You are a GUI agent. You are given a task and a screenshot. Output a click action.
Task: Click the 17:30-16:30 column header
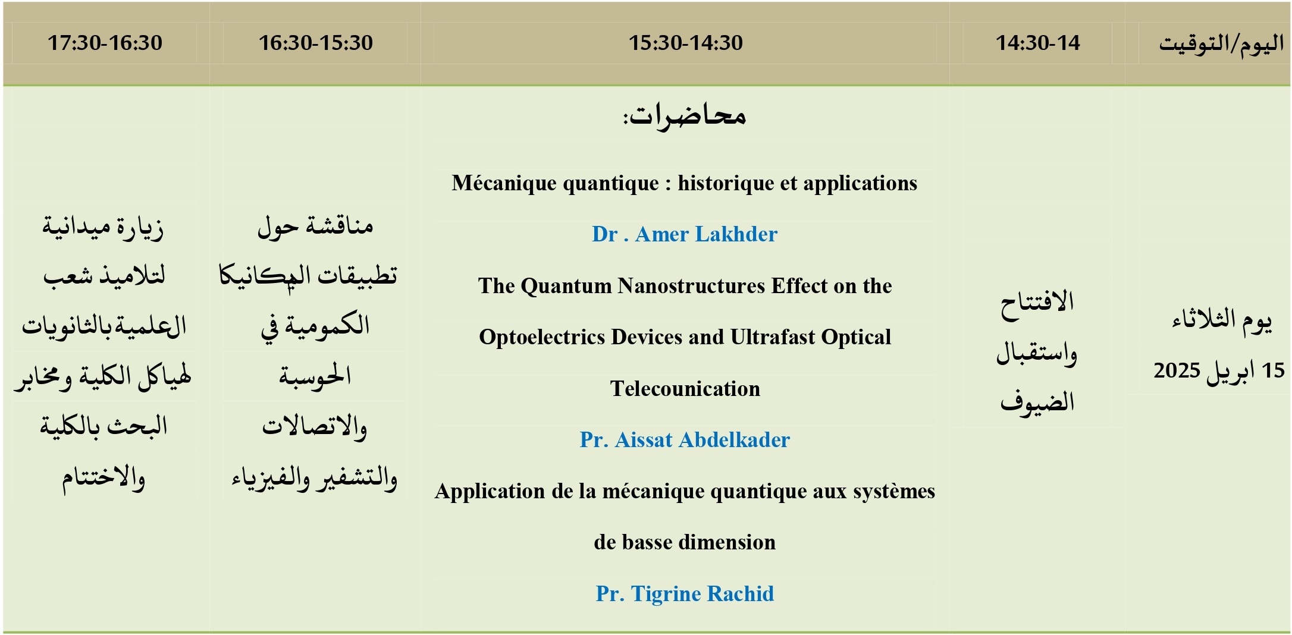105,43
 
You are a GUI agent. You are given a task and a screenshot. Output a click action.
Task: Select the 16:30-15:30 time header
315,43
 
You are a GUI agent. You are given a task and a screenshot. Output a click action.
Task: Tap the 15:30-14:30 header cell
685,43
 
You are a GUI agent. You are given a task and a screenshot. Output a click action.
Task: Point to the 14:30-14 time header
1037,43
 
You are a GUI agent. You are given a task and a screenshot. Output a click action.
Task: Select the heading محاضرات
685,115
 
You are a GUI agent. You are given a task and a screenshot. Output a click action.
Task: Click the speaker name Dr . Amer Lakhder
685,234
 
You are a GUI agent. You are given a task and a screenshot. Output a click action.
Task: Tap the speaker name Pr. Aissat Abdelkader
685,440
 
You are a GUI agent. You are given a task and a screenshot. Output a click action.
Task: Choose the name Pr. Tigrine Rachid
685,594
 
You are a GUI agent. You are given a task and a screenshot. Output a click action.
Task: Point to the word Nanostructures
691,286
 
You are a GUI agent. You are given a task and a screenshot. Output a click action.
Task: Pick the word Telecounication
685,389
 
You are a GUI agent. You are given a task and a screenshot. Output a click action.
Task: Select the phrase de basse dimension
685,542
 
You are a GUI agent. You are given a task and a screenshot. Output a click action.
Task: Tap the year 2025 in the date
1168,371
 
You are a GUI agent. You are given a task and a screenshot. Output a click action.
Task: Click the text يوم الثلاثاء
1222,321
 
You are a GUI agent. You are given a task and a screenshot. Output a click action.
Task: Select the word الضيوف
1037,402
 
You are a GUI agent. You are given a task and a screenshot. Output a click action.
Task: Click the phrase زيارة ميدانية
103,227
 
